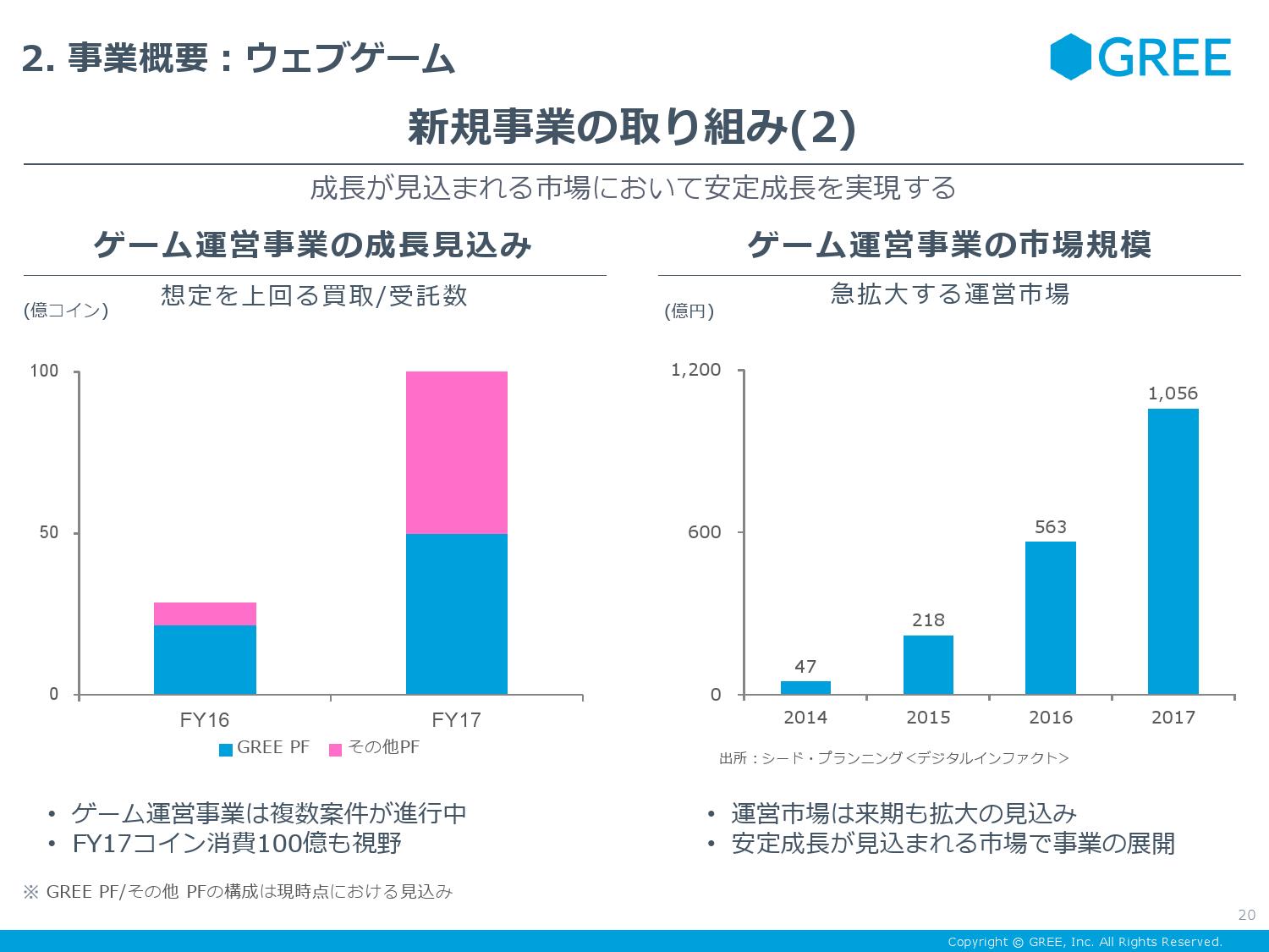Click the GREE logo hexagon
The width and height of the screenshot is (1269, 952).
[x=1072, y=57]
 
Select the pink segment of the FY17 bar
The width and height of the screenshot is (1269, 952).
[x=457, y=453]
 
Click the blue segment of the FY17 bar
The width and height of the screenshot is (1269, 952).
[x=457, y=614]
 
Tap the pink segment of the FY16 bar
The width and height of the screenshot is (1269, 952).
[x=205, y=614]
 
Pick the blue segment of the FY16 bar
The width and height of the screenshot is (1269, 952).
[x=205, y=660]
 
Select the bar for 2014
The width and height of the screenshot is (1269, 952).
[x=805, y=687]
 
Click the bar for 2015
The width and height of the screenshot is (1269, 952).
[x=928, y=664]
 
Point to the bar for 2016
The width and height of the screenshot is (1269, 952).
[x=1051, y=618]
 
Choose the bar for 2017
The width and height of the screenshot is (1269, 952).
[x=1173, y=551]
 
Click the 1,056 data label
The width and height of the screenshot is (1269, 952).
[x=1173, y=393]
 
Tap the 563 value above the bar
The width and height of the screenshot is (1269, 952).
[x=1051, y=527]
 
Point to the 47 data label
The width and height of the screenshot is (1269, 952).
[x=805, y=667]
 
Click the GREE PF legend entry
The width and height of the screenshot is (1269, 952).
[x=264, y=748]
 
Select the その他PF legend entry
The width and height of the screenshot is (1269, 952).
[x=374, y=748]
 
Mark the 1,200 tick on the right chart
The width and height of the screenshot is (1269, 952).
[x=696, y=370]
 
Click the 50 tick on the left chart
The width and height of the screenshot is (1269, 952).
[x=50, y=532]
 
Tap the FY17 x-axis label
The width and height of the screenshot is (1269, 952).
[x=456, y=720]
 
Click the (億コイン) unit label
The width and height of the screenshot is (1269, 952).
[x=66, y=311]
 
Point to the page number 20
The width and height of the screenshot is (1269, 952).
[x=1246, y=915]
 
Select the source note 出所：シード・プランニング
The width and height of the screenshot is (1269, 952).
[x=893, y=758]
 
